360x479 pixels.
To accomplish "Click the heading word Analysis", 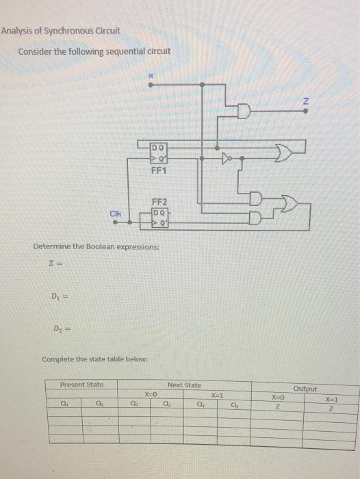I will tap(19, 31).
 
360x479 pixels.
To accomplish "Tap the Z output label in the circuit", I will tap(307, 101).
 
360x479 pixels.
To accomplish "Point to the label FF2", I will tap(159, 201).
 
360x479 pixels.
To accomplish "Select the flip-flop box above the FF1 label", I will tap(159, 152).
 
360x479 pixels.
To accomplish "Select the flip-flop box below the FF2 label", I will tap(159, 218).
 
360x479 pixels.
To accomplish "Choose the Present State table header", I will tap(81, 385).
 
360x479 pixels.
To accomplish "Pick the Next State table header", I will tap(183, 385).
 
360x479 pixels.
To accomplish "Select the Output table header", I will tap(305, 389).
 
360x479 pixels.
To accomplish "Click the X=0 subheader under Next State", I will tap(151, 395).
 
